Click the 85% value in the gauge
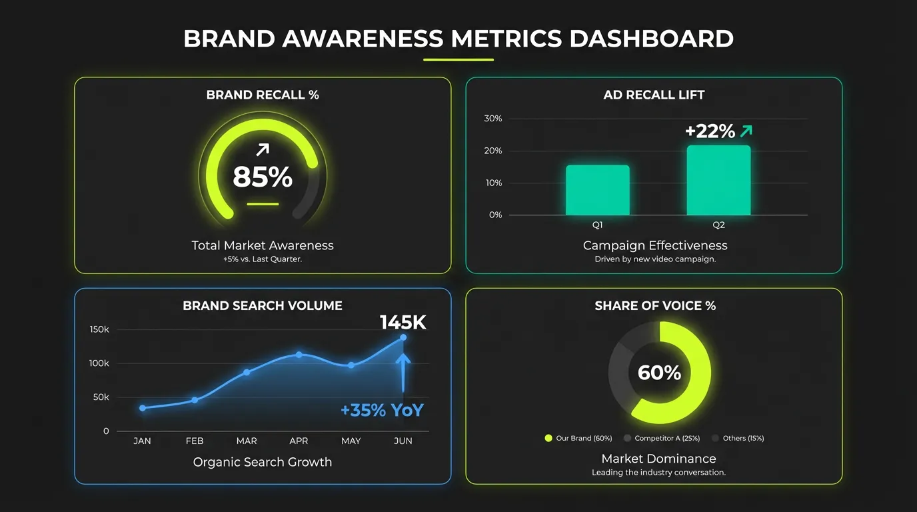click(263, 177)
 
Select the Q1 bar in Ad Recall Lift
click(597, 190)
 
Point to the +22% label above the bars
click(710, 131)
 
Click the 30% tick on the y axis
click(493, 119)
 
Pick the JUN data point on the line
click(403, 337)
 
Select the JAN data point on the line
click(142, 408)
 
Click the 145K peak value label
click(403, 323)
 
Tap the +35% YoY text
click(382, 410)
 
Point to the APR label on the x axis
click(299, 441)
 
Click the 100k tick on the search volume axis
click(99, 363)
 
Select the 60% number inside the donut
click(659, 373)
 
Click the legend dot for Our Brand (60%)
click(548, 439)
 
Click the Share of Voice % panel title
click(655, 306)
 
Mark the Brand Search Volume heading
click(263, 306)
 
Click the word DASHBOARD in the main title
click(651, 39)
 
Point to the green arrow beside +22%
click(746, 131)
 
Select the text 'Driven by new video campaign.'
click(655, 259)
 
